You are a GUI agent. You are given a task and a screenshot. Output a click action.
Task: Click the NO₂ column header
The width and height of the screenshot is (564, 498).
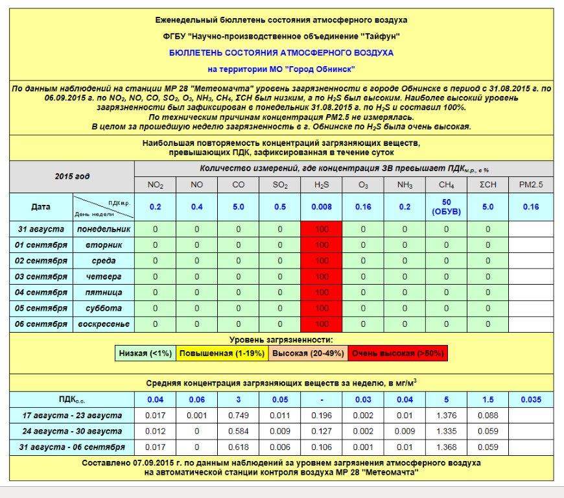click(155, 185)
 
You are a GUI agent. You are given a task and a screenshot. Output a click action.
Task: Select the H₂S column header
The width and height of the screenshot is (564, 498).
click(322, 185)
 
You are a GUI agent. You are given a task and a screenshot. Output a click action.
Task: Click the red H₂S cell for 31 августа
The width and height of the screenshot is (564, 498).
click(322, 229)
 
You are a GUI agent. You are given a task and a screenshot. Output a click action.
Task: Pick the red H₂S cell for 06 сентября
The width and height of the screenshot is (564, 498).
click(322, 324)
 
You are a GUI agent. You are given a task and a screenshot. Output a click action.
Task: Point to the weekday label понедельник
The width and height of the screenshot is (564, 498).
click(104, 229)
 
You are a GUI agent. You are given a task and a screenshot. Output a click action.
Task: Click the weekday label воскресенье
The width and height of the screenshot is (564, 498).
click(104, 324)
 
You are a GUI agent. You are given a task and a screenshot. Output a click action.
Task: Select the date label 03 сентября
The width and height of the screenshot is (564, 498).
click(41, 277)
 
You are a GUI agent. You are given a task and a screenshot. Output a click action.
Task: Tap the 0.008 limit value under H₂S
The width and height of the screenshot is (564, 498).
click(322, 207)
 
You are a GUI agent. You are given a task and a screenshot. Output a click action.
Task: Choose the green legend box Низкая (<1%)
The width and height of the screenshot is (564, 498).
click(145, 353)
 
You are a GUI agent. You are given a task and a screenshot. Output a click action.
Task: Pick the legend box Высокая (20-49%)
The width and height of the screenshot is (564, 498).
click(307, 353)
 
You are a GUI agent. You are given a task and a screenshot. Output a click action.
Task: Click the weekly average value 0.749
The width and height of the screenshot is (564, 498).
click(239, 416)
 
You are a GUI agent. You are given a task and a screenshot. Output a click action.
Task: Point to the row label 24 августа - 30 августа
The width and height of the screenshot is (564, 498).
click(72, 431)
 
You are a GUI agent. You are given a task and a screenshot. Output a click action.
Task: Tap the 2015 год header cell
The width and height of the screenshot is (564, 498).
click(72, 176)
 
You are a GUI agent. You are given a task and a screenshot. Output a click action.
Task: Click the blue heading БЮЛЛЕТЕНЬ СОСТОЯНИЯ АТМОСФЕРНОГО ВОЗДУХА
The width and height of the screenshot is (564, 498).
click(281, 52)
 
